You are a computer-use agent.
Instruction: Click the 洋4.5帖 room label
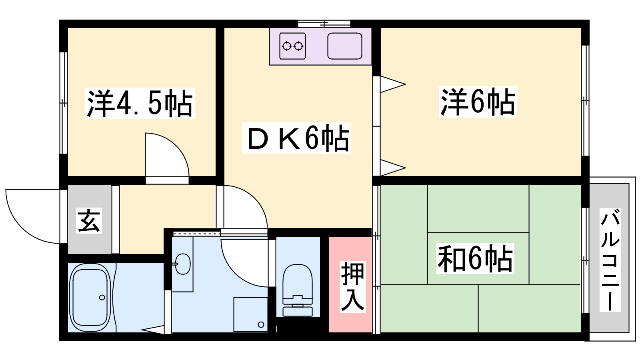[140, 103]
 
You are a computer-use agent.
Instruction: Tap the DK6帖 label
[296, 138]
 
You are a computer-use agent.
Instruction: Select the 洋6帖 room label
[478, 102]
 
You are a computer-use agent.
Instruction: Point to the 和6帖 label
[475, 258]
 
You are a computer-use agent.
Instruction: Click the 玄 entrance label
[89, 220]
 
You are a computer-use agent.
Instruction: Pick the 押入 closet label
[352, 286]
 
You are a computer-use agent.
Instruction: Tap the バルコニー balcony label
[610, 260]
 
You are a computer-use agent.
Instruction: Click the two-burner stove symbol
[292, 46]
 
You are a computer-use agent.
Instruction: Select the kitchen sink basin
[345, 46]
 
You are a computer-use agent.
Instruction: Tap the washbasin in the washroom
[183, 264]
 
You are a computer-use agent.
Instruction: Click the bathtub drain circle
[102, 298]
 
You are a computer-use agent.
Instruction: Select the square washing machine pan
[250, 314]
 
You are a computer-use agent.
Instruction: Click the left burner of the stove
[287, 46]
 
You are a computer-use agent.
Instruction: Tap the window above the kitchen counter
[324, 23]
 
